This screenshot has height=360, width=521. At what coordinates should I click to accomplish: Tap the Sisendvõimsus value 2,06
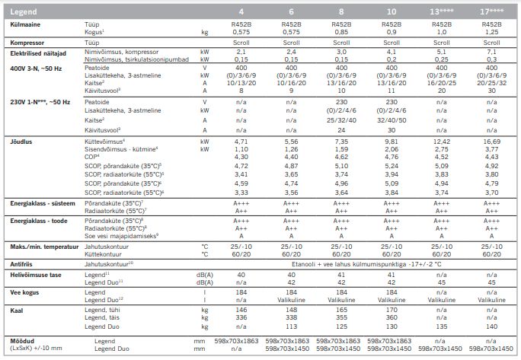coord(392,148)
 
